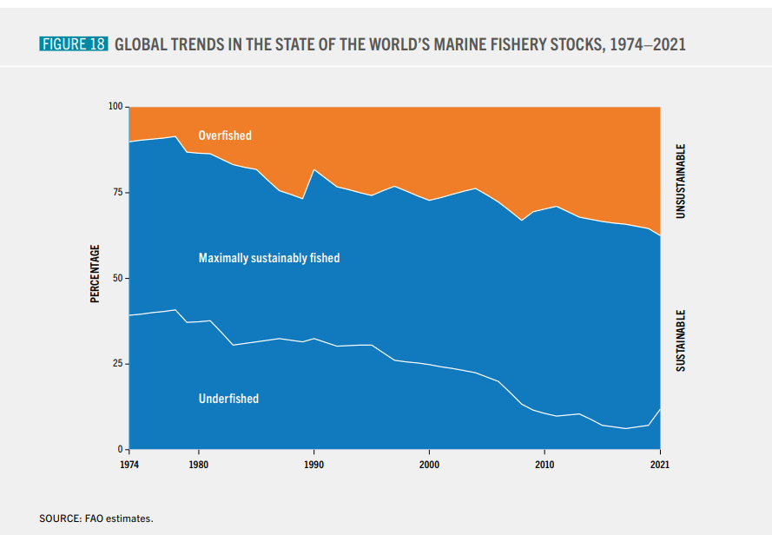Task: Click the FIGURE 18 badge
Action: pos(73,44)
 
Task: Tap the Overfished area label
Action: pos(225,135)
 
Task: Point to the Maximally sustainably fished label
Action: pos(269,258)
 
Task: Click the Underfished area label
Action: pos(228,399)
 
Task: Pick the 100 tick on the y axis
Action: pos(115,107)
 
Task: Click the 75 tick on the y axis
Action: pos(118,193)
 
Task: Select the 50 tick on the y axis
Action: pos(118,278)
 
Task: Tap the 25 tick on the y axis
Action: pos(118,364)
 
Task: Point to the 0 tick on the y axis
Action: pos(121,449)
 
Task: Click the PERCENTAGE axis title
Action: pos(95,274)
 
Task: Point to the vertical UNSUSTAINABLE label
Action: pos(682,181)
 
